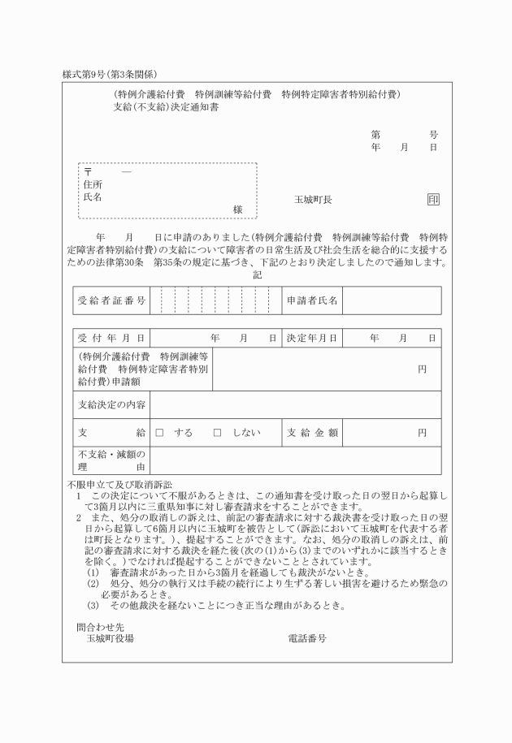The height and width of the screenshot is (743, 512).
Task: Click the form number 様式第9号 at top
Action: pyautogui.click(x=92, y=74)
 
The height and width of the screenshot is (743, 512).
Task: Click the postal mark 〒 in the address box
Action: pyautogui.click(x=88, y=172)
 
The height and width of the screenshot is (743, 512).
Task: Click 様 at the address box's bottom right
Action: pyautogui.click(x=237, y=210)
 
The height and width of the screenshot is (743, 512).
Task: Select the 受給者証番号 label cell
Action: pyautogui.click(x=111, y=300)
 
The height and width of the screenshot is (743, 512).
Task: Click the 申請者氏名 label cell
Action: pyautogui.click(x=312, y=300)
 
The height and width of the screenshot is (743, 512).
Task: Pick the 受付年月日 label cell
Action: pyautogui.click(x=111, y=338)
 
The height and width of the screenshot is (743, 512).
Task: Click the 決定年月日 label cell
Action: pyautogui.click(x=312, y=338)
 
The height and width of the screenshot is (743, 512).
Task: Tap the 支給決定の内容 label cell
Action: pyautogui.click(x=111, y=404)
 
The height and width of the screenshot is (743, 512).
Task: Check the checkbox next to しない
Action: pyautogui.click(x=217, y=433)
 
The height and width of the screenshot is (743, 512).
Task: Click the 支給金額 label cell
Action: pyautogui.click(x=312, y=433)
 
